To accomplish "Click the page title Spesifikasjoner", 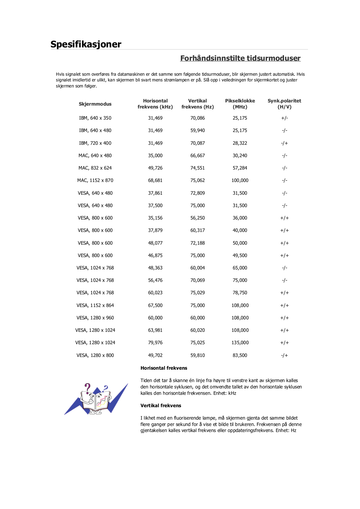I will pos(86,44).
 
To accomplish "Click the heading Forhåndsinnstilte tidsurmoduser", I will pos(240,58).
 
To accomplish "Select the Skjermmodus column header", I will pos(95,104).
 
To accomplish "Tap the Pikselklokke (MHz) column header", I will pos(240,104).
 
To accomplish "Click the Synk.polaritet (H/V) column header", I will pos(284,104).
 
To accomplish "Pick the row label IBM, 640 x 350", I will pos(95,118).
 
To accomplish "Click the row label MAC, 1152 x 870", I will pos(95,180).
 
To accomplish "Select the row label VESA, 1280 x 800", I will pos(95,355).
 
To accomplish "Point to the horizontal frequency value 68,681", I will pos(155,180).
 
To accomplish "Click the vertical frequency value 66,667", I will pos(197,156).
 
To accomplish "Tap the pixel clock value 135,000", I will pos(240,343).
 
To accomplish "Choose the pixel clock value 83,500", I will pos(240,355).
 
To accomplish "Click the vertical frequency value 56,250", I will pos(197,218).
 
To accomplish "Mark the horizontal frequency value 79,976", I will pos(155,343).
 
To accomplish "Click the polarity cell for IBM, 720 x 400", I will pos(284,143).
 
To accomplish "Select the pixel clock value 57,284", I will pos(240,168).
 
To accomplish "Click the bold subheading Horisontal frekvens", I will pos(164,368).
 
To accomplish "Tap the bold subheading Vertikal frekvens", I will pos(161,406).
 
